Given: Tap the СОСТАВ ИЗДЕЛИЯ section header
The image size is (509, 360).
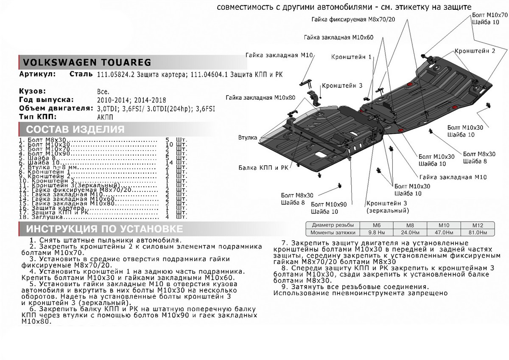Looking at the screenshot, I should (x=76, y=129).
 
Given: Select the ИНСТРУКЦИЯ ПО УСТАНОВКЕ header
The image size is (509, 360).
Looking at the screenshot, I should (x=104, y=229).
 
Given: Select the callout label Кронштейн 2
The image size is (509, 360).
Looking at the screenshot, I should (x=475, y=51).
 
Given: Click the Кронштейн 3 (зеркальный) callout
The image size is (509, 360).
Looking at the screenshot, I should (x=387, y=207).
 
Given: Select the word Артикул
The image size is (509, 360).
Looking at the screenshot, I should (x=37, y=75).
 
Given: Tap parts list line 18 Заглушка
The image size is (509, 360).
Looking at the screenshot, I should (x=42, y=217).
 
